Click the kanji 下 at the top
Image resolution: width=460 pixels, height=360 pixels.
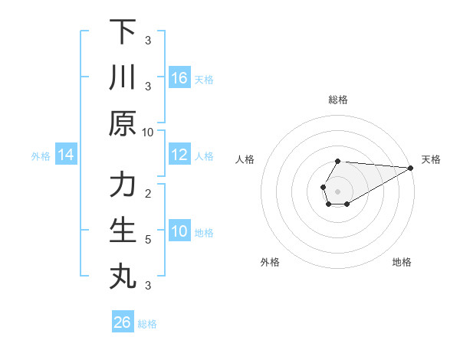[x=123, y=32]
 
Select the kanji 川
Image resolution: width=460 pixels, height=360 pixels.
[x=123, y=77]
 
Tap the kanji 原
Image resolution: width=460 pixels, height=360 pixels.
[x=123, y=123]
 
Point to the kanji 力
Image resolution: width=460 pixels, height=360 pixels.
[x=123, y=185]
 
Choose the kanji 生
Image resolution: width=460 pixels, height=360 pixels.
[x=123, y=231]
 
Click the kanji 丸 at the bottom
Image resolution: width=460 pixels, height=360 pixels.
[x=123, y=277]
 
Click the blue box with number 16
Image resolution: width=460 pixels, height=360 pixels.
[x=179, y=77]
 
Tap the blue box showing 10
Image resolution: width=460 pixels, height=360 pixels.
[x=179, y=231]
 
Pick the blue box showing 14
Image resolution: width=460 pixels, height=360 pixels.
[x=66, y=155]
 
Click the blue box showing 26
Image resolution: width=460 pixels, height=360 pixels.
[x=123, y=322]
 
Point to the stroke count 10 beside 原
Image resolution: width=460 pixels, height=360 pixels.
[x=148, y=132]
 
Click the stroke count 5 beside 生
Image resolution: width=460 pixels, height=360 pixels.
[x=148, y=240]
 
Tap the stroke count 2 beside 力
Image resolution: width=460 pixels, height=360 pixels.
[x=148, y=193]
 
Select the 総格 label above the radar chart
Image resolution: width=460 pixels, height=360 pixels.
[x=338, y=100]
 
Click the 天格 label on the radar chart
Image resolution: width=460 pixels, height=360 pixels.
[x=432, y=159]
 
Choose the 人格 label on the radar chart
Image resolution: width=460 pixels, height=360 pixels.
[x=245, y=159]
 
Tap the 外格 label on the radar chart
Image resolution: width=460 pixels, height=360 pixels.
[x=270, y=262]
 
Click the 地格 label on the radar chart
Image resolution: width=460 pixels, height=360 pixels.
[x=402, y=262]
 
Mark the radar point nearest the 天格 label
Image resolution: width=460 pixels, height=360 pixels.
[x=411, y=168]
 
